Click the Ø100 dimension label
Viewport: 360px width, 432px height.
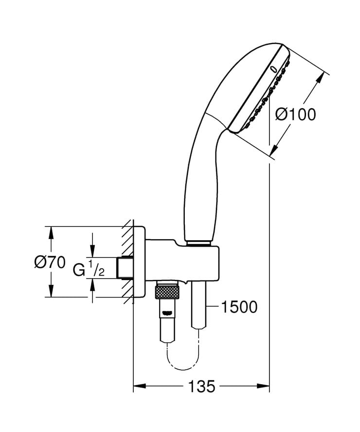[x=295, y=114]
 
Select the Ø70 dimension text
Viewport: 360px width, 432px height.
[x=50, y=262]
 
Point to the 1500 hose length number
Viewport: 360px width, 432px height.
[x=239, y=307]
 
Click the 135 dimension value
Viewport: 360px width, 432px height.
[x=201, y=387]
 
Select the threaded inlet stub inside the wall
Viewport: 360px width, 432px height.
[x=125, y=267]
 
